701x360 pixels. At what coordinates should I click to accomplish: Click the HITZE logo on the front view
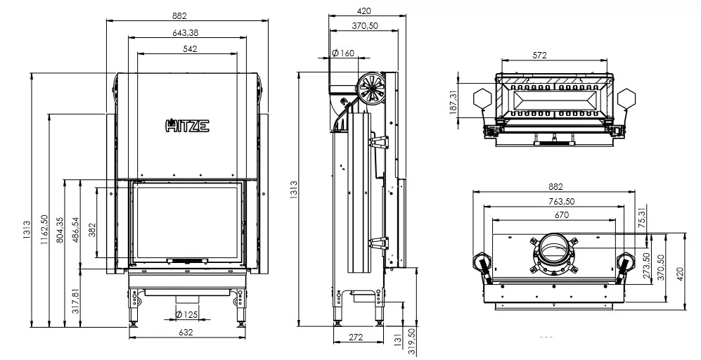187,125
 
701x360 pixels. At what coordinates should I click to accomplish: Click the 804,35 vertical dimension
60,229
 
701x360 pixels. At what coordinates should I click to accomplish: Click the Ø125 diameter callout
186,314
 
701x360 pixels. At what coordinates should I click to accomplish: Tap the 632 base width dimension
186,332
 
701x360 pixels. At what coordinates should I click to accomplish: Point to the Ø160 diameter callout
343,53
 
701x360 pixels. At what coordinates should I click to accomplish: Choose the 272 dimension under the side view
356,337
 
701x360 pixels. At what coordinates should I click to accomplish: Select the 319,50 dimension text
412,342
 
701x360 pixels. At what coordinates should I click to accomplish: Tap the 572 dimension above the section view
539,56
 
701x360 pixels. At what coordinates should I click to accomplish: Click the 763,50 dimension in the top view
562,201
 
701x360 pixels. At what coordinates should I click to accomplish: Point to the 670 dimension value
562,215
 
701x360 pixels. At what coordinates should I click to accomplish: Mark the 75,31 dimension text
643,218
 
